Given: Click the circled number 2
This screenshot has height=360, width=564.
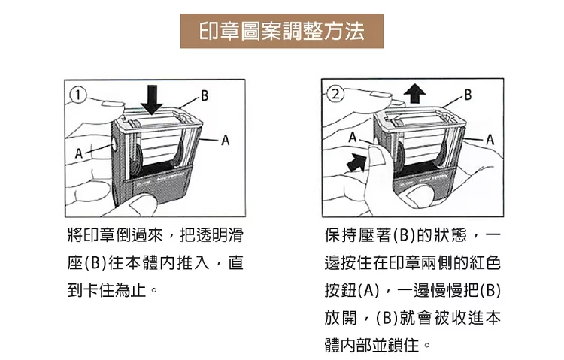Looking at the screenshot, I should [x=335, y=95].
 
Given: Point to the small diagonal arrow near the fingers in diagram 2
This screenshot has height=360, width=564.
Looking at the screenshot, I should [x=352, y=161].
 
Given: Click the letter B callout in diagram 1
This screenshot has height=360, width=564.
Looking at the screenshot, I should [x=204, y=95].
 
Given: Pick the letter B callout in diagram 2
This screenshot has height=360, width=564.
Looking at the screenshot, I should [x=468, y=95].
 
